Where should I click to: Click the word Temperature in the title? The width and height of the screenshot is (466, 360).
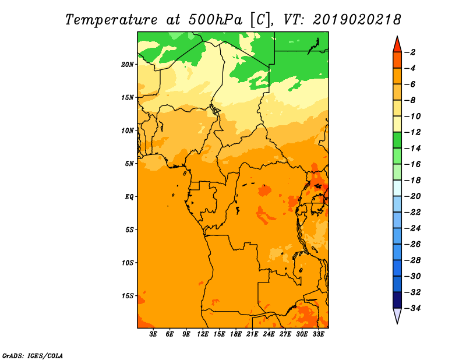click(111, 20)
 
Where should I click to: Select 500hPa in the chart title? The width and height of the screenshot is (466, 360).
click(215, 20)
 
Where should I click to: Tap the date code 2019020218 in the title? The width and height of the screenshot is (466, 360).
click(357, 20)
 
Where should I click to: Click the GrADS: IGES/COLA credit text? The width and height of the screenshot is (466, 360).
click(33, 355)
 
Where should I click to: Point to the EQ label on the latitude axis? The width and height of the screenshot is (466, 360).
click(129, 197)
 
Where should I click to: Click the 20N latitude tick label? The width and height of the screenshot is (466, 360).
click(128, 65)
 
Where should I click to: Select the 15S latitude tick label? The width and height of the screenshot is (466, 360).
click(128, 296)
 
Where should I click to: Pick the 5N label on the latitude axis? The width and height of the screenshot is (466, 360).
click(129, 164)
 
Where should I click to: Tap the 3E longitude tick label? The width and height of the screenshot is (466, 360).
click(153, 334)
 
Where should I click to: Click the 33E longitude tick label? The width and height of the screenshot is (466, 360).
click(318, 334)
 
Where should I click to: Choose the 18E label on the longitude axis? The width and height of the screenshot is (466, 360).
click(236, 334)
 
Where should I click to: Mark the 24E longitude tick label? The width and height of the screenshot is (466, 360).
click(269, 334)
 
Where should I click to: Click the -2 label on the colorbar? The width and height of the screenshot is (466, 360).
click(410, 52)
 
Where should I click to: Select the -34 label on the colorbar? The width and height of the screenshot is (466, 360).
click(412, 308)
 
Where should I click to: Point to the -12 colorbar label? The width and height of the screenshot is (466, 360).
click(412, 132)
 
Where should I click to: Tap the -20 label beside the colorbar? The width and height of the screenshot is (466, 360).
click(412, 196)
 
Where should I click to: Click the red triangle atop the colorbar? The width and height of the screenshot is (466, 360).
click(397, 45)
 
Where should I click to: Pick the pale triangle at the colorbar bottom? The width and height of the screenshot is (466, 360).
click(397, 315)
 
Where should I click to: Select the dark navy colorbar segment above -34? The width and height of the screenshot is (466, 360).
click(397, 300)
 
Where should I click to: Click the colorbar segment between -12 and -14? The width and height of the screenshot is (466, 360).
click(397, 140)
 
